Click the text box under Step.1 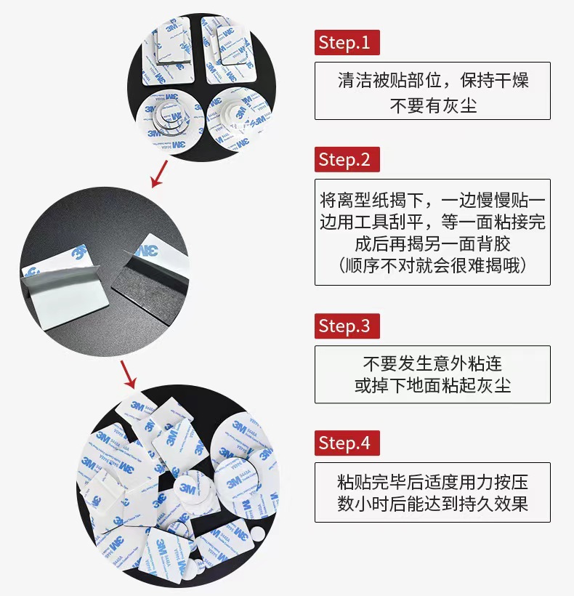pyautogui.click(x=432, y=91)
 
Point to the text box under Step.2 pyautogui.click(x=432, y=232)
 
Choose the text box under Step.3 pyautogui.click(x=432, y=374)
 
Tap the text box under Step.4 pyautogui.click(x=432, y=492)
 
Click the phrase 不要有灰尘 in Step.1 pyautogui.click(x=432, y=105)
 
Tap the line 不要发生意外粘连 pyautogui.click(x=432, y=362)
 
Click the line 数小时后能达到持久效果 pyautogui.click(x=432, y=504)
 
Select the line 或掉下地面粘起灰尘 pyautogui.click(x=432, y=385)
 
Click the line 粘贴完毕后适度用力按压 pyautogui.click(x=432, y=480)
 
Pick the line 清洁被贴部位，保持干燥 pyautogui.click(x=432, y=79)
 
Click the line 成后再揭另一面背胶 pyautogui.click(x=432, y=243)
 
